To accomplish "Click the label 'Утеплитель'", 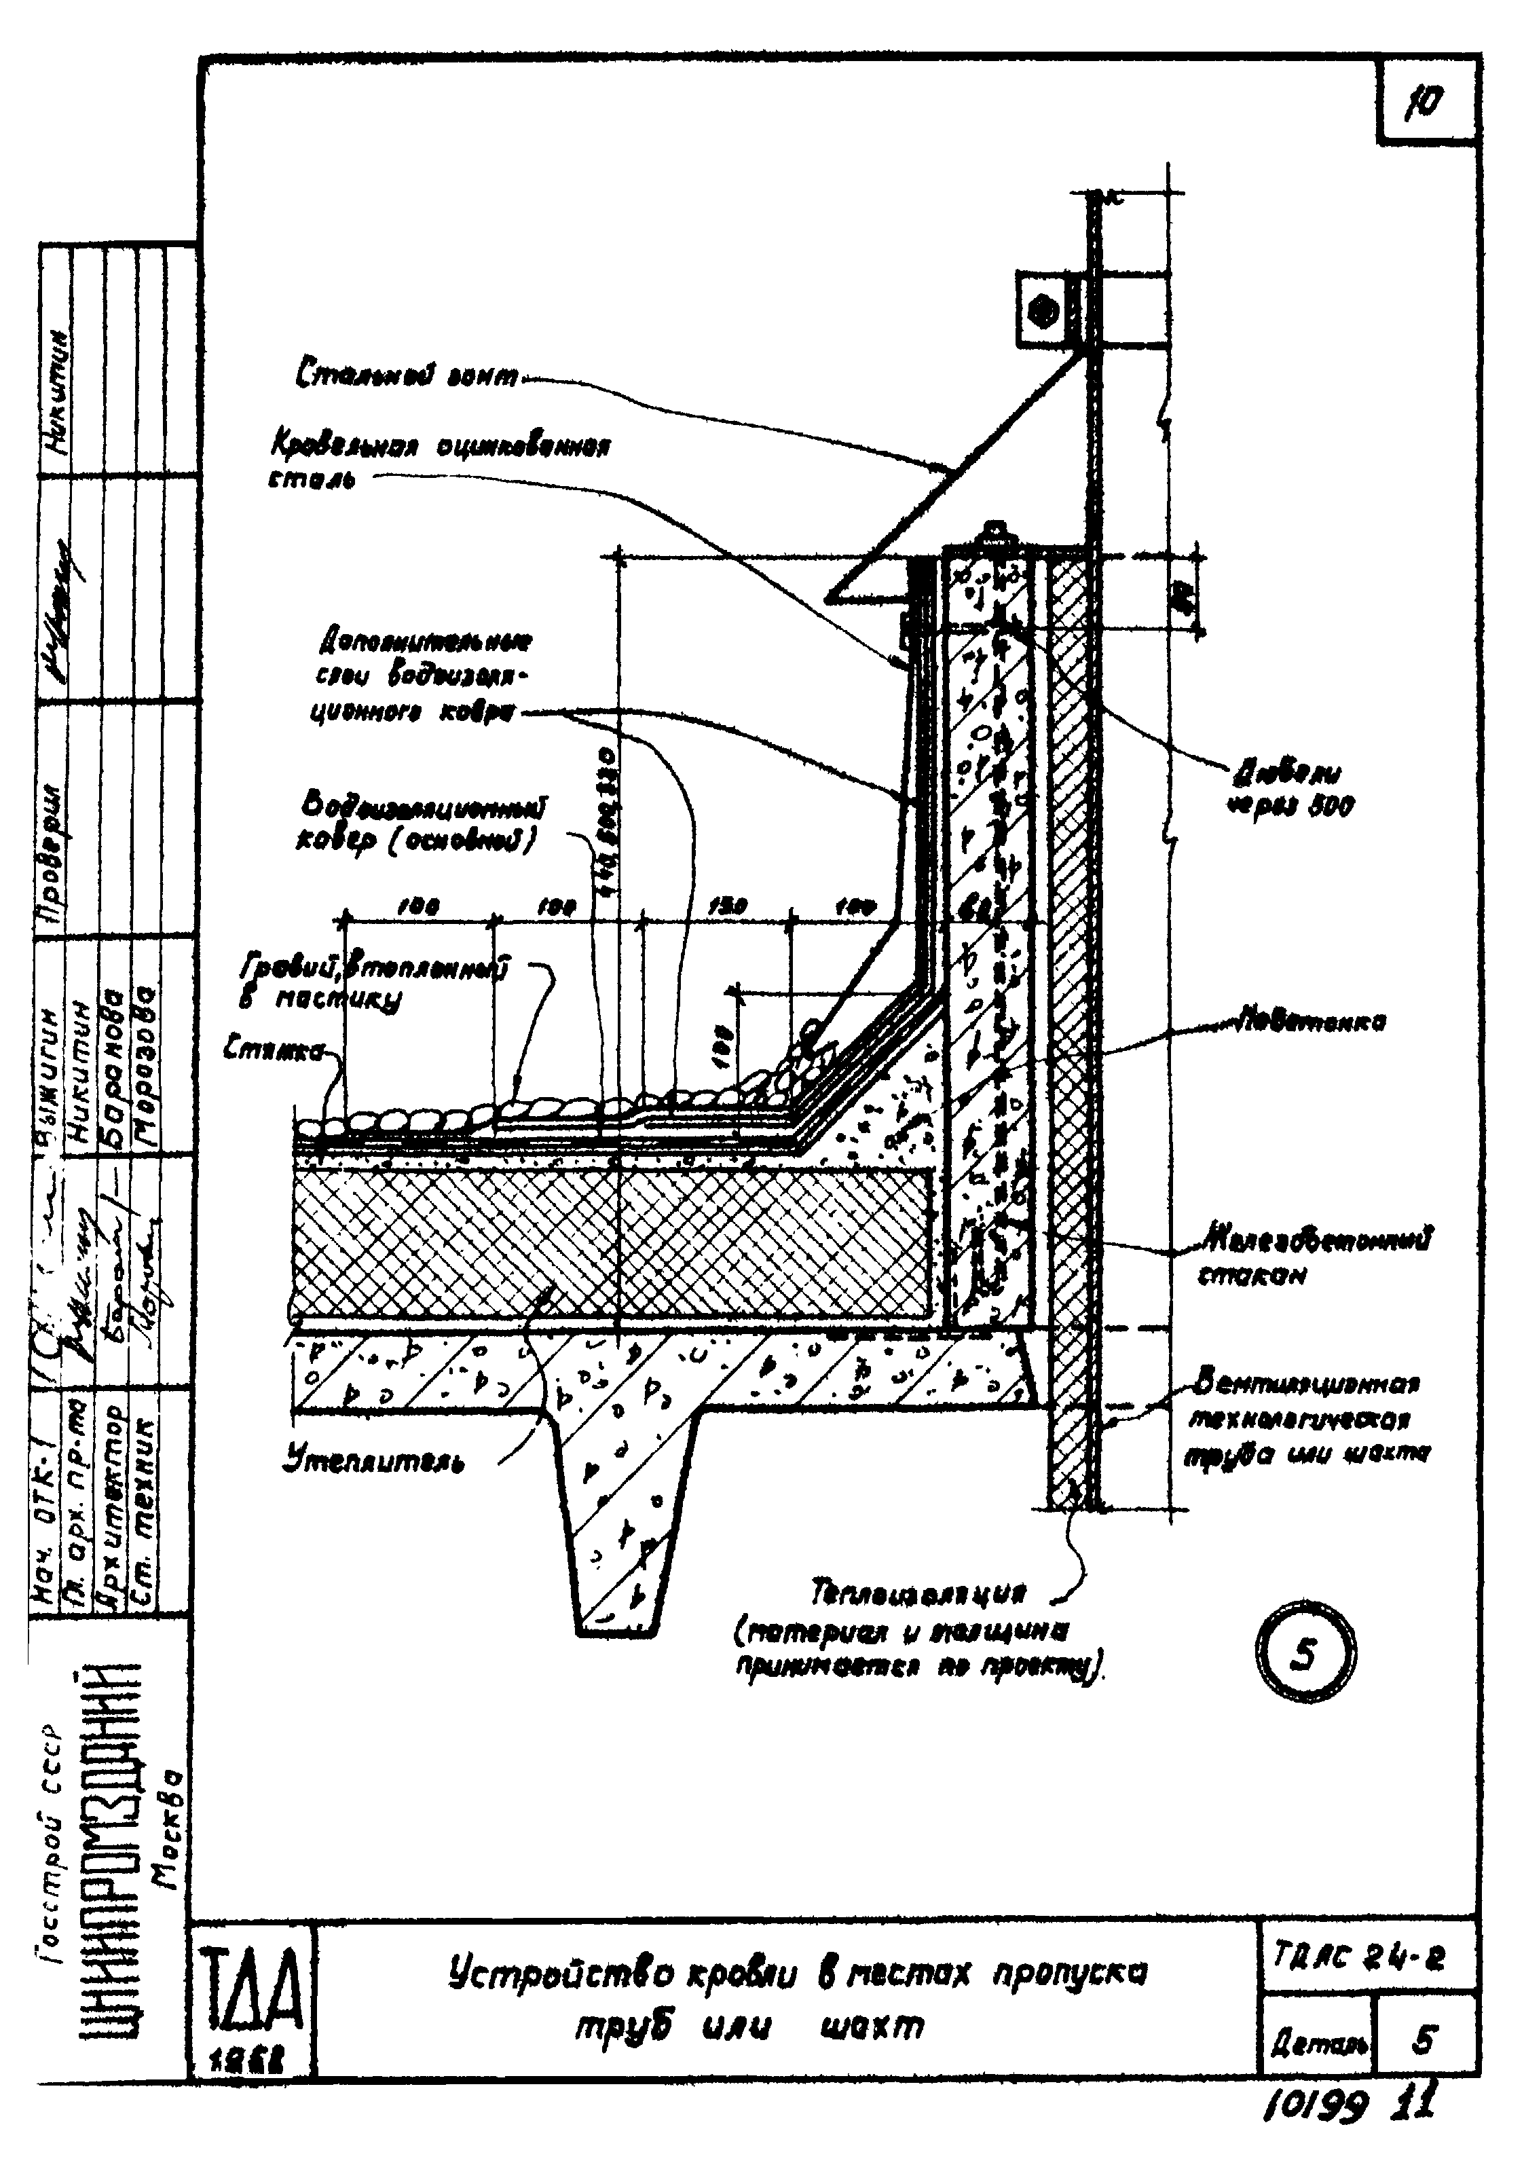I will [373, 1462].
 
